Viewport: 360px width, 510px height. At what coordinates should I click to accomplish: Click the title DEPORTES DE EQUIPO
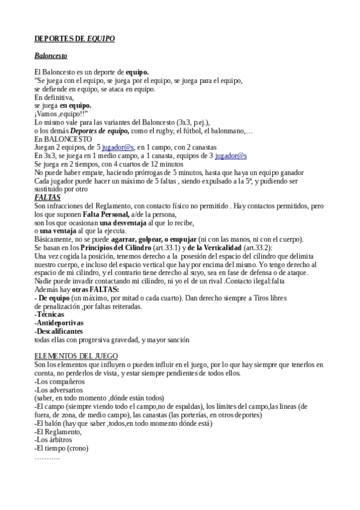click(x=75, y=38)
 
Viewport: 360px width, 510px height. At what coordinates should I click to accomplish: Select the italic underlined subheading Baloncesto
click(x=50, y=56)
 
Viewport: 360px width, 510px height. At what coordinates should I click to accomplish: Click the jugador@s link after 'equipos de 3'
click(x=231, y=156)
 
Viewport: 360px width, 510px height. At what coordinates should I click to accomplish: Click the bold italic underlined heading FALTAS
click(x=47, y=197)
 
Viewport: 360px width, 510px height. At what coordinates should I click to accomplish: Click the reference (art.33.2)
click(x=255, y=248)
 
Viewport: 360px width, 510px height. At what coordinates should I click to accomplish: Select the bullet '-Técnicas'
click(x=50, y=315)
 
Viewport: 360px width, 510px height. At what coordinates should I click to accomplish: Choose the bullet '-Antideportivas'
click(x=59, y=323)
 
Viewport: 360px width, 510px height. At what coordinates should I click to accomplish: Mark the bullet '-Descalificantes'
click(x=59, y=331)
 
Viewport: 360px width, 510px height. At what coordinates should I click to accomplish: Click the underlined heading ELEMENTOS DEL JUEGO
click(x=76, y=356)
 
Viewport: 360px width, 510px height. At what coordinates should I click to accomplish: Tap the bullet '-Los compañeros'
click(x=59, y=381)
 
